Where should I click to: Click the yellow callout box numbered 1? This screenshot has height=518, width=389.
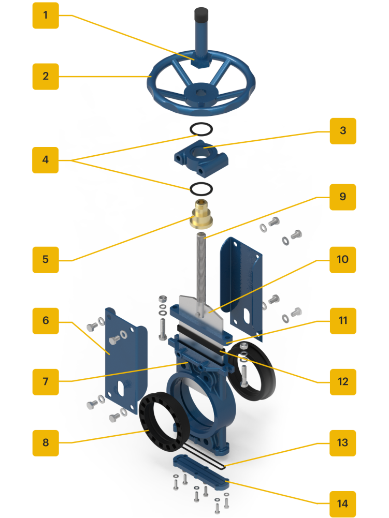pos(46,16)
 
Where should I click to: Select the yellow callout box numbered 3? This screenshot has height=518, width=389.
pos(343,131)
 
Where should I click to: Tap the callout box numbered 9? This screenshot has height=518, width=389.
pos(343,197)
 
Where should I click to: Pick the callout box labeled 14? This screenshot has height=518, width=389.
pos(343,504)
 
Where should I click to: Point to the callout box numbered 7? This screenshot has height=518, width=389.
pos(46,382)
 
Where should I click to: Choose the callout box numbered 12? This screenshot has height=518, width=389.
pos(343,382)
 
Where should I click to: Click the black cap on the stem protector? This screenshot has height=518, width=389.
pos(201,14)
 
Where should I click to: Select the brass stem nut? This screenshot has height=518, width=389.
pos(201,214)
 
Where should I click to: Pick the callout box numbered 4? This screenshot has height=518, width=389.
pos(45,160)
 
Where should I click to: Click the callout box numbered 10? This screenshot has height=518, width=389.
pos(343,260)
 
